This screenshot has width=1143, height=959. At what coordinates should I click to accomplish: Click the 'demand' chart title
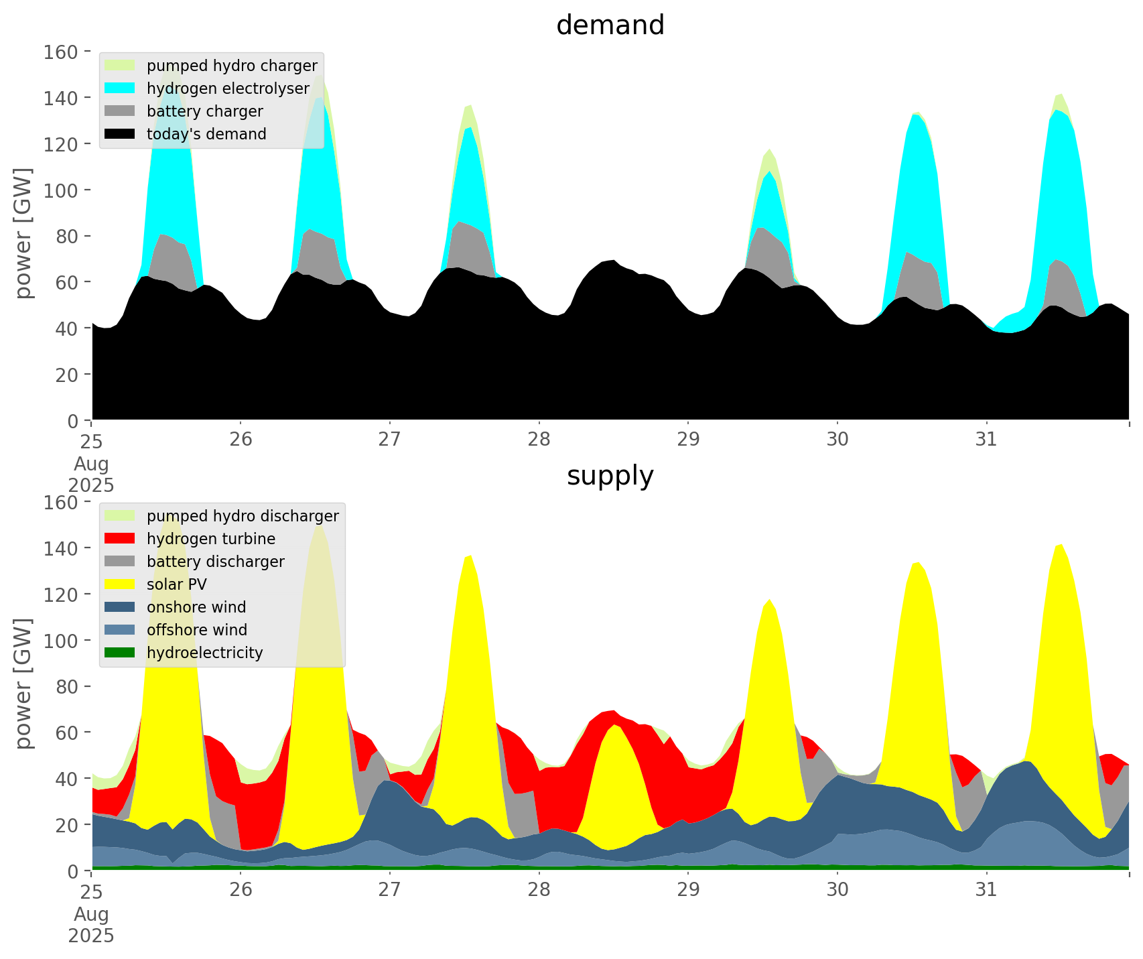610,25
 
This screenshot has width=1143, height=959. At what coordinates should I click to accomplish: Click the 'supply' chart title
610,476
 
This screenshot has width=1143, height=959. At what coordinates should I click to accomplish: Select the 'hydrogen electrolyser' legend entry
228,88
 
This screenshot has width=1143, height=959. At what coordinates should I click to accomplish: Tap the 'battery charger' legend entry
204,111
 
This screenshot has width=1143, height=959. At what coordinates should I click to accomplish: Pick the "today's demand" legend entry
206,134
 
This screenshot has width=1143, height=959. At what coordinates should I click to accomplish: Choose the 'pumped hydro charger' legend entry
232,66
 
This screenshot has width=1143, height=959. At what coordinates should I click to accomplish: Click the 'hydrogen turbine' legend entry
211,539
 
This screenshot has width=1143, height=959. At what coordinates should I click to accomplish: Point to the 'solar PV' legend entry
177,584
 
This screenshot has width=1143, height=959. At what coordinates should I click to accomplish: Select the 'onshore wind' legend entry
196,607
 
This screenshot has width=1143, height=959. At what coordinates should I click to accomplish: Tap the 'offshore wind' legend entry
197,630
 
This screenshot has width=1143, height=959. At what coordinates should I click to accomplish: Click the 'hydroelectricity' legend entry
204,653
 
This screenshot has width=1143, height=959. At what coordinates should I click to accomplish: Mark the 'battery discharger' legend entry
215,562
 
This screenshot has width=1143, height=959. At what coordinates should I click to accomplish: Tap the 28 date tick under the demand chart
539,440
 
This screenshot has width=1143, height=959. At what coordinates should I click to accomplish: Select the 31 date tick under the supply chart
986,890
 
